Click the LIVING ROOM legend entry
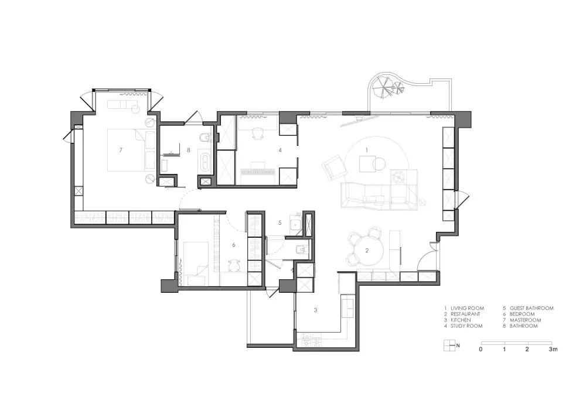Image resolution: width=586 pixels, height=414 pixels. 464,309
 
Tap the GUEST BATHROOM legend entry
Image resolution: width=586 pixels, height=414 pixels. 528,309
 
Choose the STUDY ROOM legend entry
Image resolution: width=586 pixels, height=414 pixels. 464,326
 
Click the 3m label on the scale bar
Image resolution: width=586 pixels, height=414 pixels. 553,350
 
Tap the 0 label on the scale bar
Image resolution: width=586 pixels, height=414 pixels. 481,350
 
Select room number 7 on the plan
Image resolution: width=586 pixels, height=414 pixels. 121,150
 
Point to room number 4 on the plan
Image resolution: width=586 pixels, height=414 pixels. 280,150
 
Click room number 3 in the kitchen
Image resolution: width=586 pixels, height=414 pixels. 315,310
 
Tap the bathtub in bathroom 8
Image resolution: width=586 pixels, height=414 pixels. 205,161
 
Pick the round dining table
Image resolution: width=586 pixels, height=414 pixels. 367,251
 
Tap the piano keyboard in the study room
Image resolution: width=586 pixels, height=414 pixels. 258,172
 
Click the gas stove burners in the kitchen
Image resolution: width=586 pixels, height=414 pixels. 312,341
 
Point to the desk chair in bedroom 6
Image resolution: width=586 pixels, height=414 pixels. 234,265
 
